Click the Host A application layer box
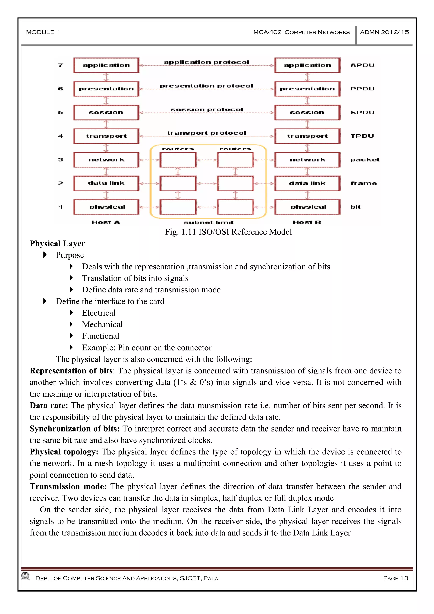(x=106, y=65)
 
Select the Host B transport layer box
(x=307, y=136)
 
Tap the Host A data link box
(x=106, y=183)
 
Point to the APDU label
(x=362, y=65)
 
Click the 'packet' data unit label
(x=364, y=160)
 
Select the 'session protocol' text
(x=206, y=109)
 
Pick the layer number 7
(x=61, y=65)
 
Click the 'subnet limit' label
(x=209, y=222)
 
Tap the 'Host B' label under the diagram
(x=307, y=222)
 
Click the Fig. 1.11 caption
(x=228, y=232)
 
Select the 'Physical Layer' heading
(x=57, y=244)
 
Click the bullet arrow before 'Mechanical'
(x=71, y=324)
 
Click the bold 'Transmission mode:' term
(x=68, y=486)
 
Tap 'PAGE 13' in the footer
(x=395, y=578)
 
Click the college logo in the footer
(x=26, y=576)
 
